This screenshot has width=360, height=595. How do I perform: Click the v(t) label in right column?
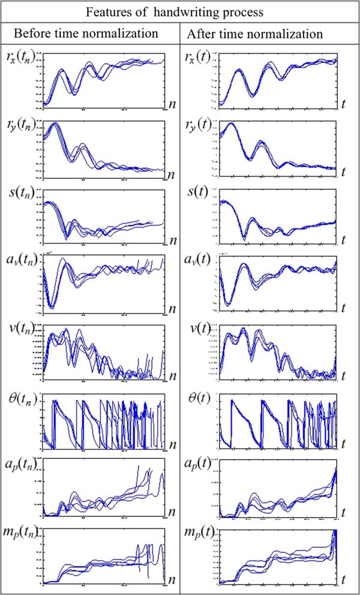coord(201,329)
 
